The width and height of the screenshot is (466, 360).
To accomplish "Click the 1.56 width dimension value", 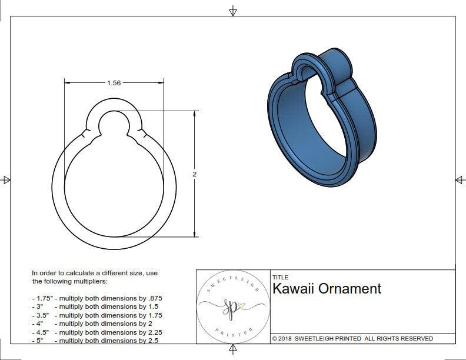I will pyautogui.click(x=114, y=83).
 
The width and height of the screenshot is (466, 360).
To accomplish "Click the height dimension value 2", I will pyautogui.click(x=194, y=174).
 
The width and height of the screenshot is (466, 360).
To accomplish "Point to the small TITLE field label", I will pyautogui.click(x=280, y=277).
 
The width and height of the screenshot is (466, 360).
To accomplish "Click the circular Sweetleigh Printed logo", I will pyautogui.click(x=232, y=306).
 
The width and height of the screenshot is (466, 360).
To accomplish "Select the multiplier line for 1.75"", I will pyautogui.click(x=97, y=298).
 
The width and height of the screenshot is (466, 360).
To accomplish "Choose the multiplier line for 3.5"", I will pyautogui.click(x=97, y=315).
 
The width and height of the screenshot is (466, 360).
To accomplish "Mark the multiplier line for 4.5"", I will pyautogui.click(x=97, y=332).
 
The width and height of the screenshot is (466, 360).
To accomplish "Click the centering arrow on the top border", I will pyautogui.click(x=233, y=11).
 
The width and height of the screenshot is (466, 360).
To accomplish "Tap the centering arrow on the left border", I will pyautogui.click(x=6, y=179).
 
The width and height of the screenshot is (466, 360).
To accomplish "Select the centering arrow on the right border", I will pyautogui.click(x=460, y=179).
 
